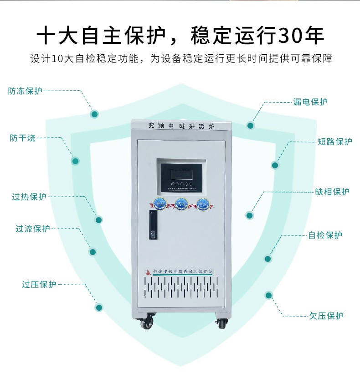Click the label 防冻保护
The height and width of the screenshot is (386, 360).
25,91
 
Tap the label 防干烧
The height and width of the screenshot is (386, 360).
23,138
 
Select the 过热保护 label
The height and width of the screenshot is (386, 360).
29,197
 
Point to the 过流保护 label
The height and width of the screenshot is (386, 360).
32,229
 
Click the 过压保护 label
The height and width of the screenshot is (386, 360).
39,284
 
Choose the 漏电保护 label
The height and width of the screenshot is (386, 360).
310,102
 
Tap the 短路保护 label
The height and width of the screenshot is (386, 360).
335,141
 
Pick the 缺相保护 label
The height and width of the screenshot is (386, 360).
332,192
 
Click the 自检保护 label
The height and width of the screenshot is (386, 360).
325,235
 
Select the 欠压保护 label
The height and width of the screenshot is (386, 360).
326,315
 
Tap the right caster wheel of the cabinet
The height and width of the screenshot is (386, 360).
222,323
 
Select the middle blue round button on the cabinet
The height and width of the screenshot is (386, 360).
180,203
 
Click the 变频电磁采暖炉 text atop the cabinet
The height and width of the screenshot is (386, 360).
181,125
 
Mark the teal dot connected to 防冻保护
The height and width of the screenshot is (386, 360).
94,114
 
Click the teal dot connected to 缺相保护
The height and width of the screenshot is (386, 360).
250,215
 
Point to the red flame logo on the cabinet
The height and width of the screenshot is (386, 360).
147,270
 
